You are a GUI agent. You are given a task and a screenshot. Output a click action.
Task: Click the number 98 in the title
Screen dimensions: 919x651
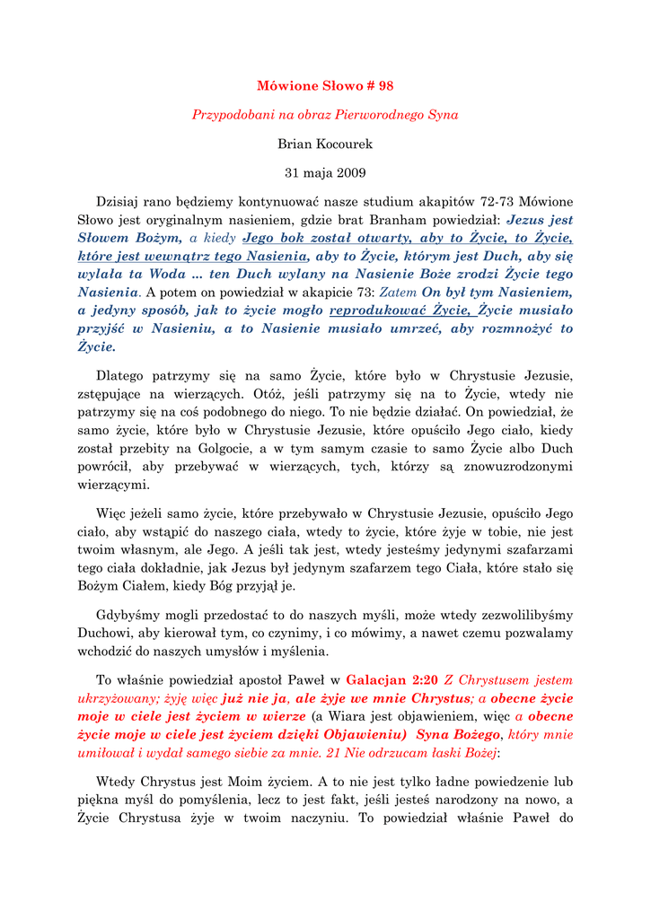385,86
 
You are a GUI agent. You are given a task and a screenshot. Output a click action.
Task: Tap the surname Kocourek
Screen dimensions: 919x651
342,144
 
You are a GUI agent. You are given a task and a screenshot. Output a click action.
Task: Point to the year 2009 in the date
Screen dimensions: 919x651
350,172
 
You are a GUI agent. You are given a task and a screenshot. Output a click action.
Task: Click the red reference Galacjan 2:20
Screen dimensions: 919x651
391,680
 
